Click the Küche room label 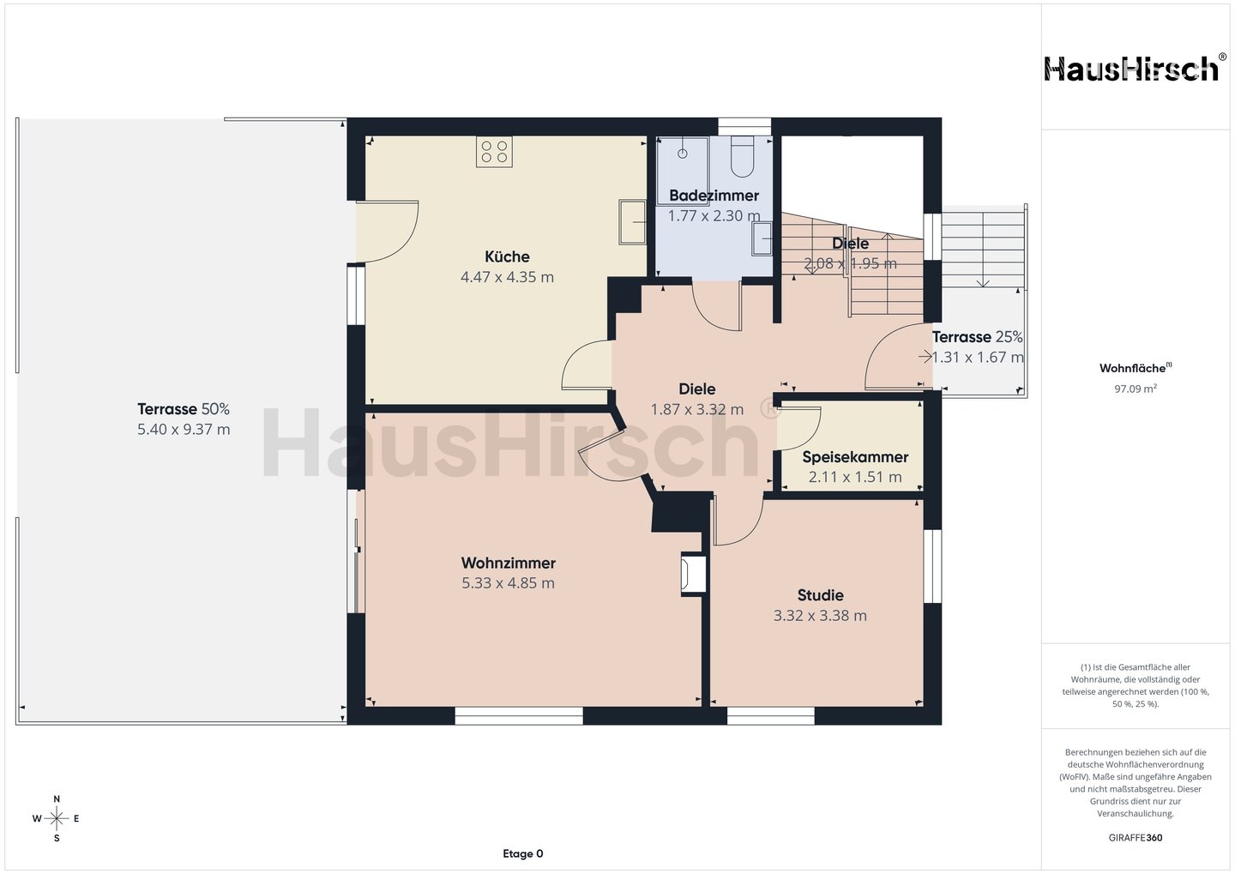click(x=507, y=256)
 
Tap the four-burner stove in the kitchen click(x=494, y=151)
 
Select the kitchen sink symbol click(x=632, y=221)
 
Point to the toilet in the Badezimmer click(x=742, y=157)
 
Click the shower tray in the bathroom click(x=683, y=164)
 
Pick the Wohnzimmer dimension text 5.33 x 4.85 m click(x=508, y=583)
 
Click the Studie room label click(x=820, y=595)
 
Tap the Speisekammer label click(x=854, y=456)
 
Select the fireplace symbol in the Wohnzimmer click(x=693, y=574)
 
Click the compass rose click(x=57, y=819)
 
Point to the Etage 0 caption click(x=522, y=854)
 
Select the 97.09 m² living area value click(x=1136, y=389)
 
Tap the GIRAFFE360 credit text click(x=1136, y=838)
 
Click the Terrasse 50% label click(x=183, y=409)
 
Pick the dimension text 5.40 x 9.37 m click(x=184, y=430)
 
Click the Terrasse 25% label click(x=977, y=337)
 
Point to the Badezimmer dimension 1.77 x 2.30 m click(x=714, y=215)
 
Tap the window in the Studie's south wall click(x=770, y=715)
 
